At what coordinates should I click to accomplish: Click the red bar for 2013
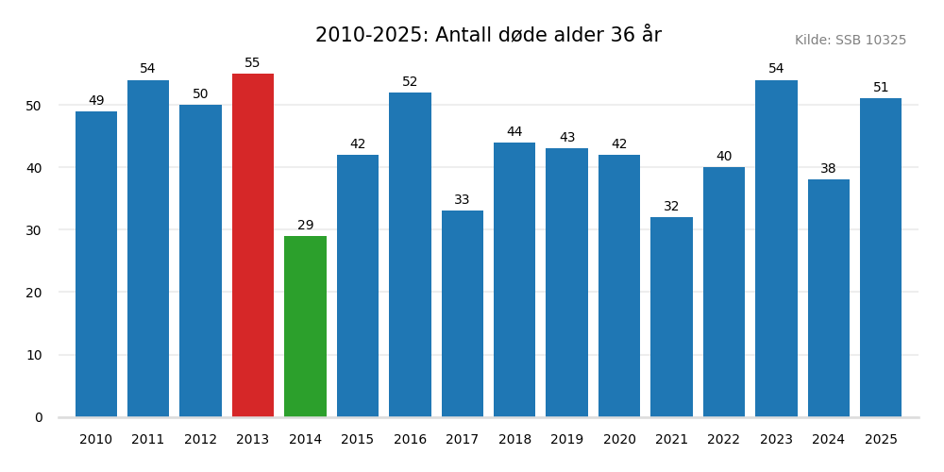tap(253, 245)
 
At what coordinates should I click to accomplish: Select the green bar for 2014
tap(305, 326)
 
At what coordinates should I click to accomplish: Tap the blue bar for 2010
tap(96, 264)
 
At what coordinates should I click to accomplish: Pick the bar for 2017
tap(463, 313)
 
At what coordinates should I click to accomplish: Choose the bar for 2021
tap(671, 317)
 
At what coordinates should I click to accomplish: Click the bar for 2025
tap(881, 258)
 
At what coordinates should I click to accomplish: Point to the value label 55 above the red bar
tap(253, 63)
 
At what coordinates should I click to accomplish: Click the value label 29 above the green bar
tap(305, 226)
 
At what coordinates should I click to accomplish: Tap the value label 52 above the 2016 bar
tap(410, 82)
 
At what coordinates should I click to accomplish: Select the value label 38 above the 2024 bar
tap(828, 169)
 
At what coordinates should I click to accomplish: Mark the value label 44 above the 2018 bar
tap(514, 132)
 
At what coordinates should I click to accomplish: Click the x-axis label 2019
tap(566, 440)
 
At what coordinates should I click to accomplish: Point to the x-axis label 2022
tap(724, 440)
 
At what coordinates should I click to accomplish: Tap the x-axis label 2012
tap(200, 440)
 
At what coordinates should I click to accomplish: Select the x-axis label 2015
tap(358, 440)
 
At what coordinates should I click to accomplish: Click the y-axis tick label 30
tap(34, 230)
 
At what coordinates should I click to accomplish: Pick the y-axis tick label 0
tap(39, 417)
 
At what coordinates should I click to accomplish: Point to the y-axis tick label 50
tap(34, 106)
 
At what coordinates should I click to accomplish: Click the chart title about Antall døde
tap(488, 36)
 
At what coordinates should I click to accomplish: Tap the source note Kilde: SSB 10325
tap(850, 41)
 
